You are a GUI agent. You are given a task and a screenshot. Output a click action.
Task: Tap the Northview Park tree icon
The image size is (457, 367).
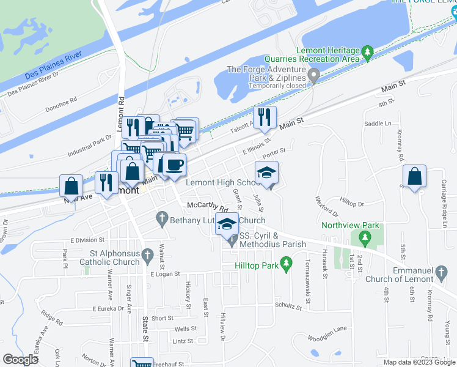[x=365, y=236]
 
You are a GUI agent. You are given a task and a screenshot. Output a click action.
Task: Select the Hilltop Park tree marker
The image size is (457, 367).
[x=286, y=264]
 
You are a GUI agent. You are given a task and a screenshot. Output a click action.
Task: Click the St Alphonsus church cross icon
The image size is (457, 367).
[x=147, y=253]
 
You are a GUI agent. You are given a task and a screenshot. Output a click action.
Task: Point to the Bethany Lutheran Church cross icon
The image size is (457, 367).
[x=162, y=218]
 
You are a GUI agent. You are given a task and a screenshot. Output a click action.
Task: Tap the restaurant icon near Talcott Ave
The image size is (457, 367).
[x=265, y=117]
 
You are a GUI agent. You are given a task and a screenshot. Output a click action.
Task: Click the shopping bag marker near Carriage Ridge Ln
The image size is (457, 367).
[x=415, y=177]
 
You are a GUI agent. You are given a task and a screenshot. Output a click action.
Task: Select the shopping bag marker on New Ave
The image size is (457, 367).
[x=71, y=185]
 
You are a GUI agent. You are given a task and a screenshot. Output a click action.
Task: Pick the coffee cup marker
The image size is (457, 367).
[x=174, y=164]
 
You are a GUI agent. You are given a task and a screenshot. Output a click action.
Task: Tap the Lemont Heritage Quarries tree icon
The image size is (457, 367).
[x=367, y=51]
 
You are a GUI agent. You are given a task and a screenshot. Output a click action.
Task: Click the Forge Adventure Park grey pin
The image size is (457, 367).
[x=314, y=76]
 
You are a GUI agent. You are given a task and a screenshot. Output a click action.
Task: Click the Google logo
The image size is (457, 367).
[x=20, y=360]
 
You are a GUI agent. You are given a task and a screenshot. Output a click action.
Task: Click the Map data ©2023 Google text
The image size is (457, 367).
[x=419, y=362]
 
